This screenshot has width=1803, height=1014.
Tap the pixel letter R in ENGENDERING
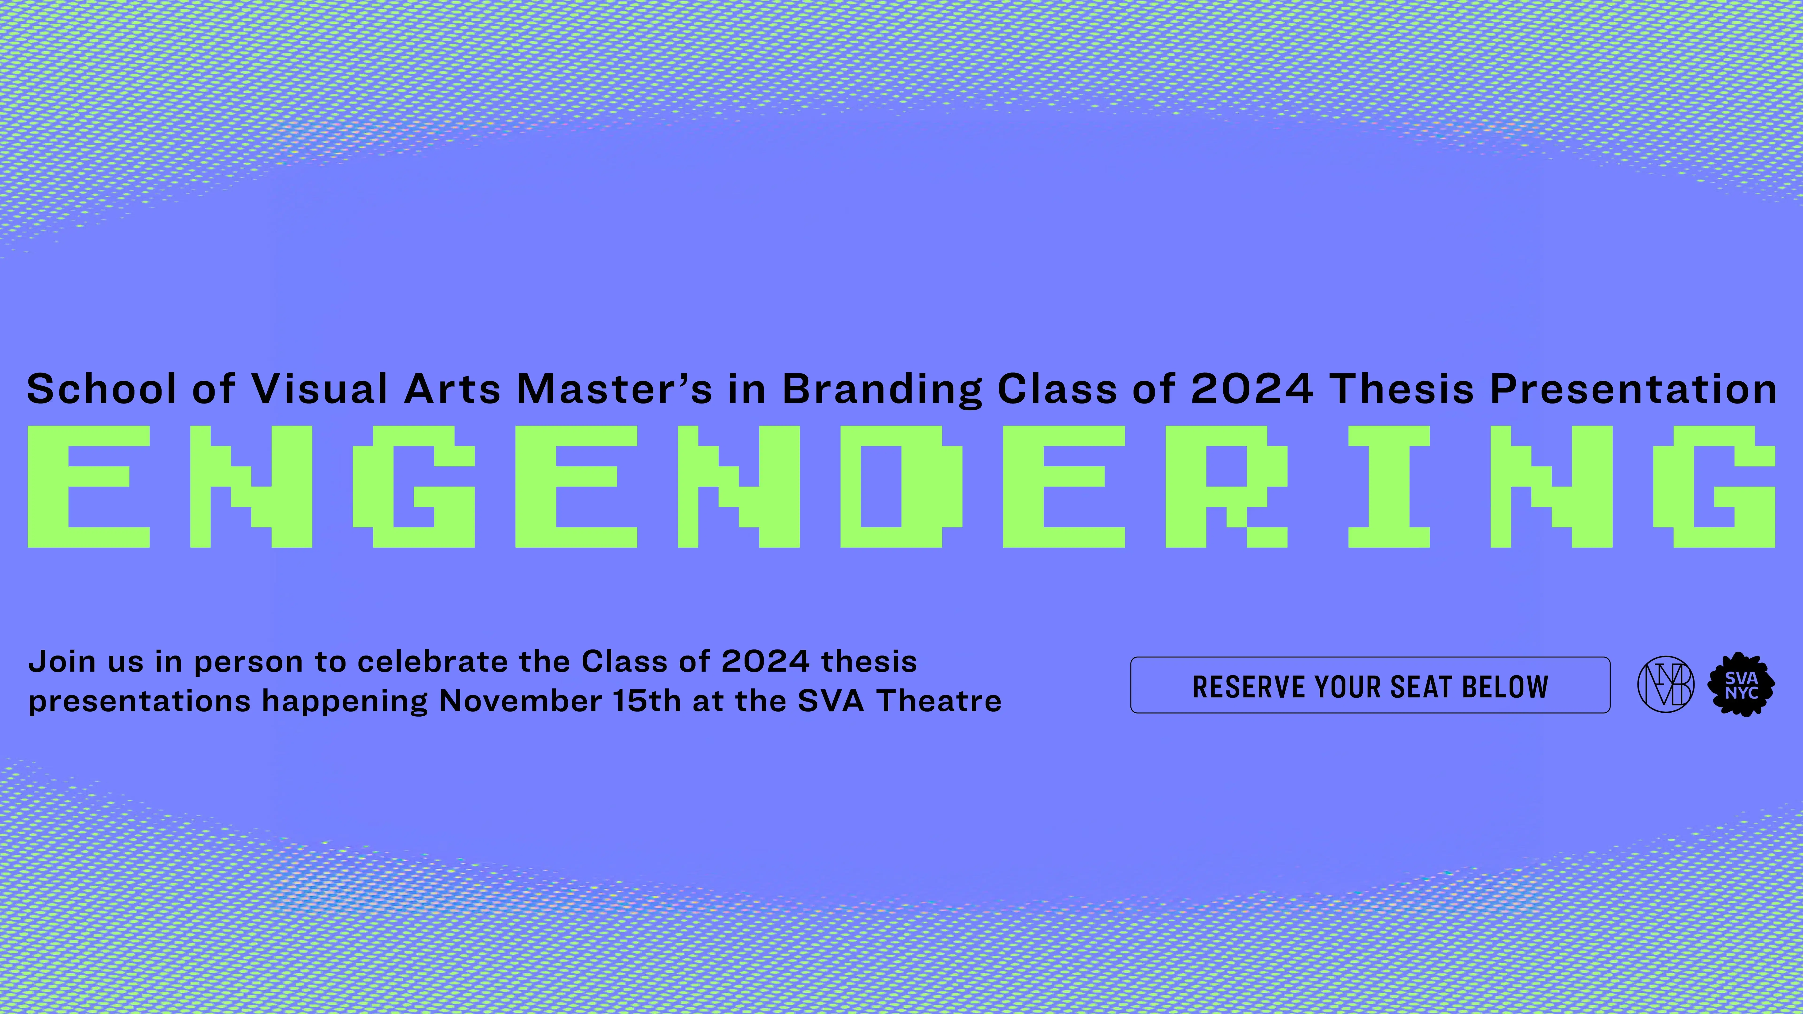point(1226,486)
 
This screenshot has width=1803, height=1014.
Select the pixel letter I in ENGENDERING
point(1389,486)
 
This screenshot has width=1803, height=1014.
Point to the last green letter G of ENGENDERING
point(1715,486)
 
